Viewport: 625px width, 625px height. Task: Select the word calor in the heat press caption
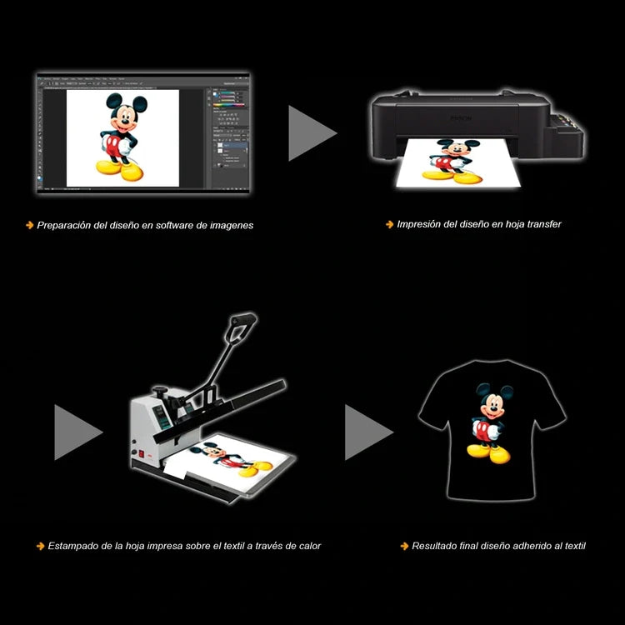point(310,546)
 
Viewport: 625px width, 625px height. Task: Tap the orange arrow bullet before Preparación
point(29,225)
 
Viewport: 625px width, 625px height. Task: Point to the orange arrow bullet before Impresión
point(389,224)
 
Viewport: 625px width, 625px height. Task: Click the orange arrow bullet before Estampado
point(40,546)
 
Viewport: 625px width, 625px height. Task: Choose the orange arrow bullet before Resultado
point(404,546)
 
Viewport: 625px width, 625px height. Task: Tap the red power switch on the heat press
point(141,453)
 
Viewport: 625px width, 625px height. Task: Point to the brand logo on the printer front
point(461,118)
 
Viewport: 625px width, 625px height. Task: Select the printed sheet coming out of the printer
point(458,162)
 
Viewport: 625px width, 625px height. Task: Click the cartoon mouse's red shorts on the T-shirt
point(482,431)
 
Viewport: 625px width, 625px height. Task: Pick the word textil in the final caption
point(575,546)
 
